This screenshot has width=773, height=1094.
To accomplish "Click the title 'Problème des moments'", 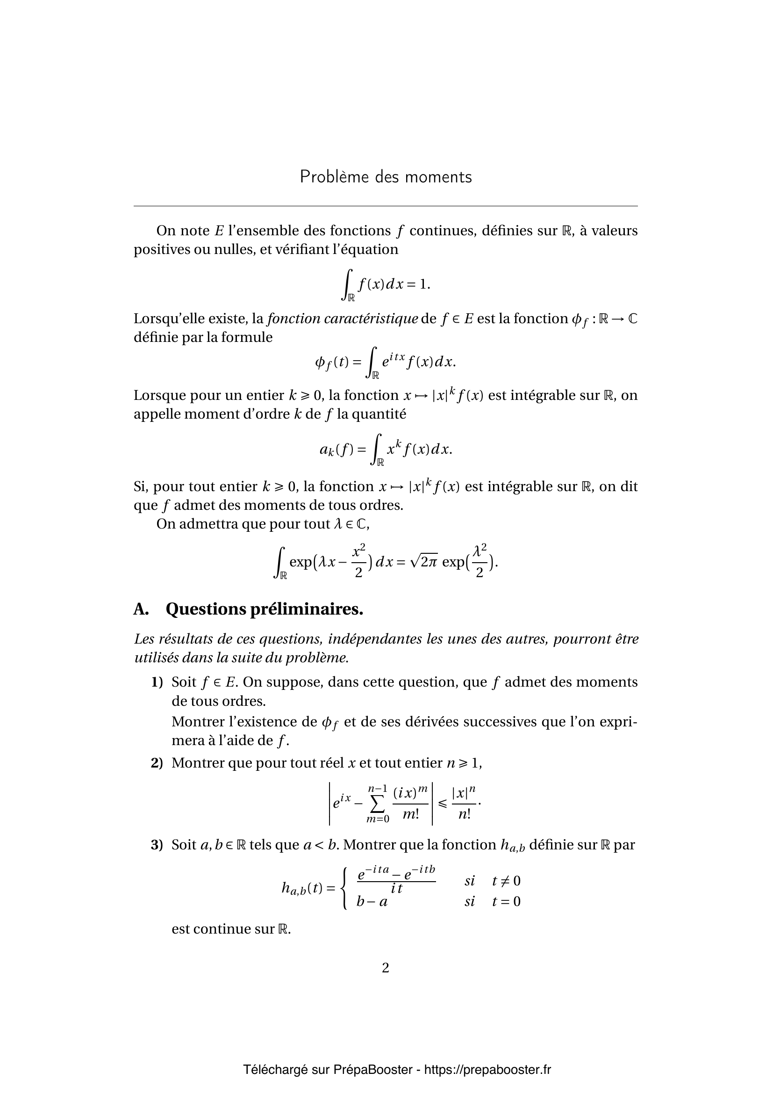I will coord(386,177).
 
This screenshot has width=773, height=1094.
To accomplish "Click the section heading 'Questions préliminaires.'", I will coord(264,609).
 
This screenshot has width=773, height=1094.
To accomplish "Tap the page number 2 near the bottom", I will coord(386,968).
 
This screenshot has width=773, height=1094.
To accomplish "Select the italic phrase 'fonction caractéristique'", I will coord(342,319).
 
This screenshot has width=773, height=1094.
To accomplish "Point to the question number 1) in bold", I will coord(157,682).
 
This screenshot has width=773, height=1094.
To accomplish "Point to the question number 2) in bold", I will coord(157,763).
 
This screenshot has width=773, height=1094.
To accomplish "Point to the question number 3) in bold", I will coord(157,845).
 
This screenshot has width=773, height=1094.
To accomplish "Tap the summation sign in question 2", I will coord(378,804).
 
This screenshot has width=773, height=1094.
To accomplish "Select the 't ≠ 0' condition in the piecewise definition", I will coord(507,881).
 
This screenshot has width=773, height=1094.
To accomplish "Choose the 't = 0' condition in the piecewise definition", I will coord(507,901).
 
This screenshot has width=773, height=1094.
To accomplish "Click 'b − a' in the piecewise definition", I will coord(372,901).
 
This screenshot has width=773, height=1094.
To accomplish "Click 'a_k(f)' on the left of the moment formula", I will coord(336,449).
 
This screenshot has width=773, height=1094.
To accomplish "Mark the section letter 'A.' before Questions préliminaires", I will coord(141,609).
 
